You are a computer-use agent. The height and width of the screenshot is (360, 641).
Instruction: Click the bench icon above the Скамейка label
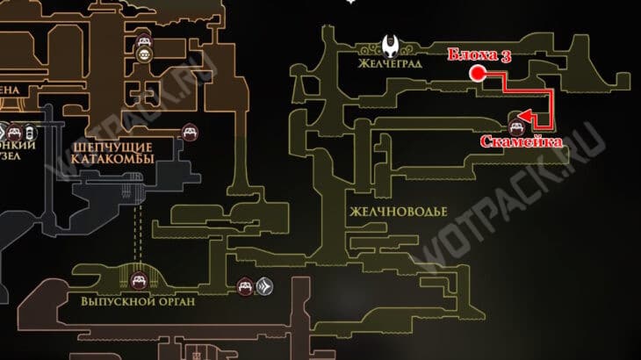pyautogui.click(x=516, y=118)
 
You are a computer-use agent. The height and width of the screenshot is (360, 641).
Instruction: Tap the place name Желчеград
pyautogui.click(x=391, y=64)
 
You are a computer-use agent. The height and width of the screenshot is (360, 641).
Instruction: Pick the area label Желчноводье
pyautogui.click(x=398, y=212)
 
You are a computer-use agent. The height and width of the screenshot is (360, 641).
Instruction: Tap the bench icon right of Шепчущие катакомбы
pyautogui.click(x=188, y=133)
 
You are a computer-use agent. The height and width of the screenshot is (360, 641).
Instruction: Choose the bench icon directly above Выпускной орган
pyautogui.click(x=138, y=281)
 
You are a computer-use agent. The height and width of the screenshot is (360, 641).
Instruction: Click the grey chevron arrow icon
pyautogui.click(x=263, y=285)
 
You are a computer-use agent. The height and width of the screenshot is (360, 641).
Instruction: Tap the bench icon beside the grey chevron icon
pyautogui.click(x=245, y=285)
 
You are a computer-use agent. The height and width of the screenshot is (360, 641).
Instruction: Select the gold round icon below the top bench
pyautogui.click(x=144, y=55)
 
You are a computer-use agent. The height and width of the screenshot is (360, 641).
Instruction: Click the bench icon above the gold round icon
pyautogui.click(x=144, y=40)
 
